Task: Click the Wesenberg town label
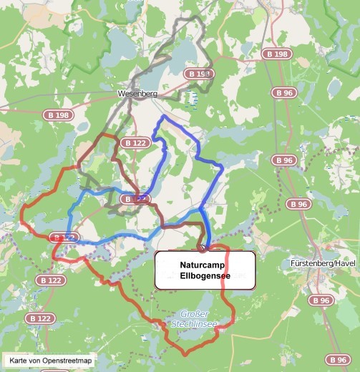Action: tap(137, 94)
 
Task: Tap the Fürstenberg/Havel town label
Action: tap(323, 263)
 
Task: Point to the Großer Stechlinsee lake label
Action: tap(194, 319)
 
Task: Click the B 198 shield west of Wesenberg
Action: tap(57, 114)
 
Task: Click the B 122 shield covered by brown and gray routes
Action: tap(135, 199)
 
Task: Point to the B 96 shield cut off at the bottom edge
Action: tap(338, 359)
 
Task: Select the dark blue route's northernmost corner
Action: tap(164, 117)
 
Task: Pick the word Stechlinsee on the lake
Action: tap(194, 324)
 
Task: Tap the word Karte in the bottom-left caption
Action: tap(18, 360)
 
